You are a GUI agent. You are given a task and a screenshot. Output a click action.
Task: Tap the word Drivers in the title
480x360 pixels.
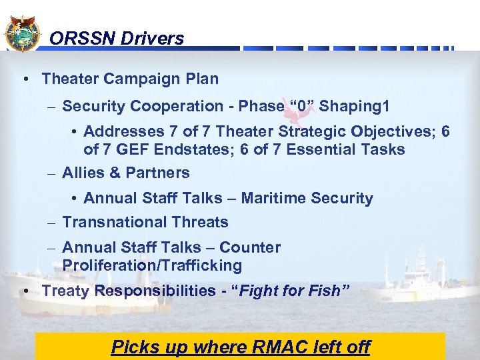coord(153,39)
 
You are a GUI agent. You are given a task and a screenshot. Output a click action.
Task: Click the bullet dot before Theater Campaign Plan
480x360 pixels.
coord(24,79)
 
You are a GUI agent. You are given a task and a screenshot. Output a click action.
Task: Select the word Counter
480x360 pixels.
coord(250,247)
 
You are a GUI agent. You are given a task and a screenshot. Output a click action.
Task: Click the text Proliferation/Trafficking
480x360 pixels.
coord(152,265)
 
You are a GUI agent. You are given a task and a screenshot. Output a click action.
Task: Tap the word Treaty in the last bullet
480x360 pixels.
coord(66,291)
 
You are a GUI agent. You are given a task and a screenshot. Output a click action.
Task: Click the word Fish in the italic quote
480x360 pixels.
coord(324,291)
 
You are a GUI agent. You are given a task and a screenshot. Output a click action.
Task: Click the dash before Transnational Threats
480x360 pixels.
coord(52,223)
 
